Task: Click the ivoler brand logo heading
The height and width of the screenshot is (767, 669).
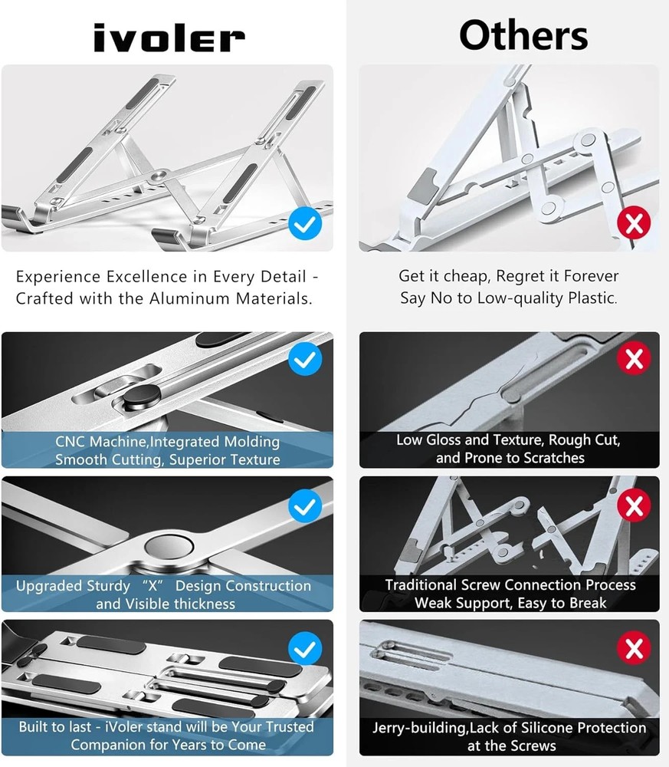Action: [x=169, y=38]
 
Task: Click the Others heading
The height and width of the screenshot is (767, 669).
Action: [x=523, y=35]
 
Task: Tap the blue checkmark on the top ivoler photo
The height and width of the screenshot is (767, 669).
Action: [x=305, y=224]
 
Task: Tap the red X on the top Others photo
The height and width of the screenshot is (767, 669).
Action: [x=634, y=224]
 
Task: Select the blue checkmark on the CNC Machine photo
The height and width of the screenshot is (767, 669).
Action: [x=305, y=359]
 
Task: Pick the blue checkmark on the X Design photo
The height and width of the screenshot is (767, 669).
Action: [x=305, y=505]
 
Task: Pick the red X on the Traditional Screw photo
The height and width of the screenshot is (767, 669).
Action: [x=634, y=505]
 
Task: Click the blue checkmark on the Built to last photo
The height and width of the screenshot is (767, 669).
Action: [x=305, y=650]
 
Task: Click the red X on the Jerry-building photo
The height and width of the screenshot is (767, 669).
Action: [x=634, y=650]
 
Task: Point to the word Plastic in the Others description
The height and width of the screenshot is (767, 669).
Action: [x=589, y=298]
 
